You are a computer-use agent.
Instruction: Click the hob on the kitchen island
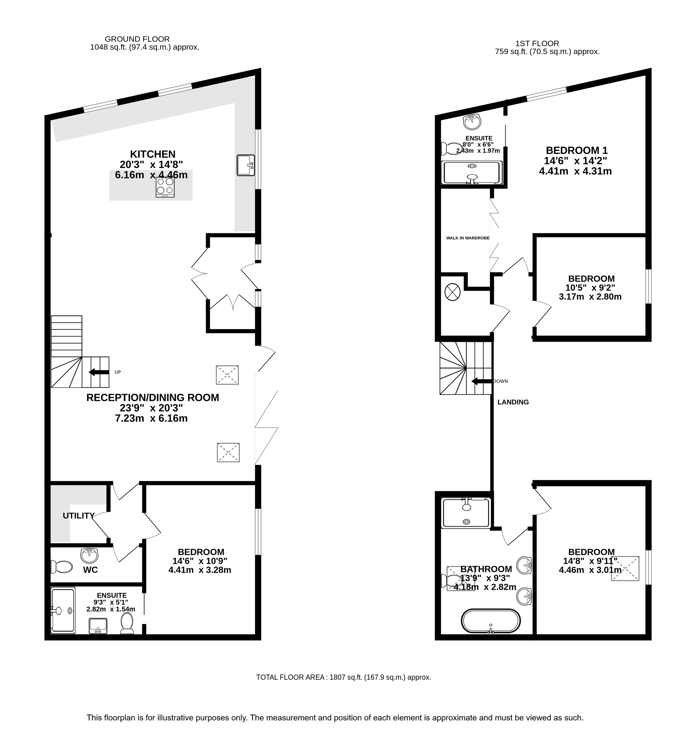pos(165,187)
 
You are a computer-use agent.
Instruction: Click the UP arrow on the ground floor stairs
pos(99,372)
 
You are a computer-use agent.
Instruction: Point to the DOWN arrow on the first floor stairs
pos(482,381)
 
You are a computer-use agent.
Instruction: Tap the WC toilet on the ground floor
pos(61,567)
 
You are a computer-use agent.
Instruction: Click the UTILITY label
pos(78,516)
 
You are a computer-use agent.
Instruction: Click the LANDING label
pos(513,402)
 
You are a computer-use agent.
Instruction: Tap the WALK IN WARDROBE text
pos(467,238)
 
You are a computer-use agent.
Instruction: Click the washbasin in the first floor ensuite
pos(472,121)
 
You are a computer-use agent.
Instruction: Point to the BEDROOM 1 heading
pos(577,150)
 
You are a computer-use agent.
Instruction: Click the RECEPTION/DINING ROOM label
pos(153,398)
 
